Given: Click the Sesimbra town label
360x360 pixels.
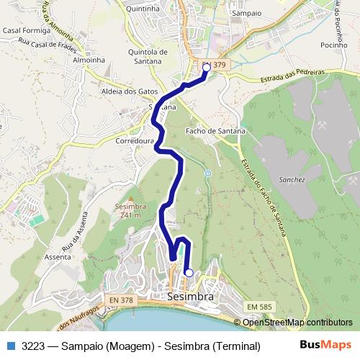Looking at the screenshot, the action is pyautogui.click(x=190, y=296).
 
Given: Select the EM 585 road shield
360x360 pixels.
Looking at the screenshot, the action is pyautogui.click(x=260, y=307).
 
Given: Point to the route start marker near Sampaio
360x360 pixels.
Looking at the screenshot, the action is pyautogui.click(x=207, y=68).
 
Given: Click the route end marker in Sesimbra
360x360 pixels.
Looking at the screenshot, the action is pyautogui.click(x=189, y=273).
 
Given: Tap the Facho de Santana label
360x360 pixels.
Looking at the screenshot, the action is pyautogui.click(x=215, y=131).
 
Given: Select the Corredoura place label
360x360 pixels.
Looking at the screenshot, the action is pyautogui.click(x=135, y=142).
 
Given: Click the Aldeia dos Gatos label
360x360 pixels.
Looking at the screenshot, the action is pyautogui.click(x=130, y=92).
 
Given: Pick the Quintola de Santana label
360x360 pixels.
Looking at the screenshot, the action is pyautogui.click(x=147, y=56).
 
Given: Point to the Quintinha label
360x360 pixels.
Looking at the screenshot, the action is pyautogui.click(x=142, y=9).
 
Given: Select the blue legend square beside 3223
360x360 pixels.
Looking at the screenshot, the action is pyautogui.click(x=10, y=346).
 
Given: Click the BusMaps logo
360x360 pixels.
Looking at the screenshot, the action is pyautogui.click(x=325, y=345).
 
